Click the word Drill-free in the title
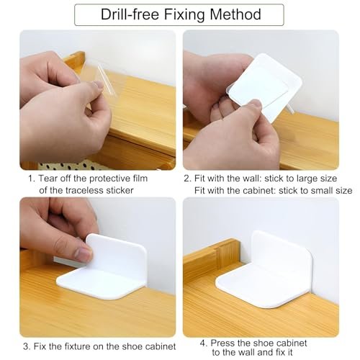click(130, 14)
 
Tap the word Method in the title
click(235, 14)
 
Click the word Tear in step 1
click(48, 179)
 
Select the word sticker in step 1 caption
click(120, 190)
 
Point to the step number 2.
click(187, 179)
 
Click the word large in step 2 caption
click(307, 179)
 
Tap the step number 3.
click(26, 346)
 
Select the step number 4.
click(203, 343)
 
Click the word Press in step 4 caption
click(222, 343)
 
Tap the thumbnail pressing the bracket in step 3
click(84, 254)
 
